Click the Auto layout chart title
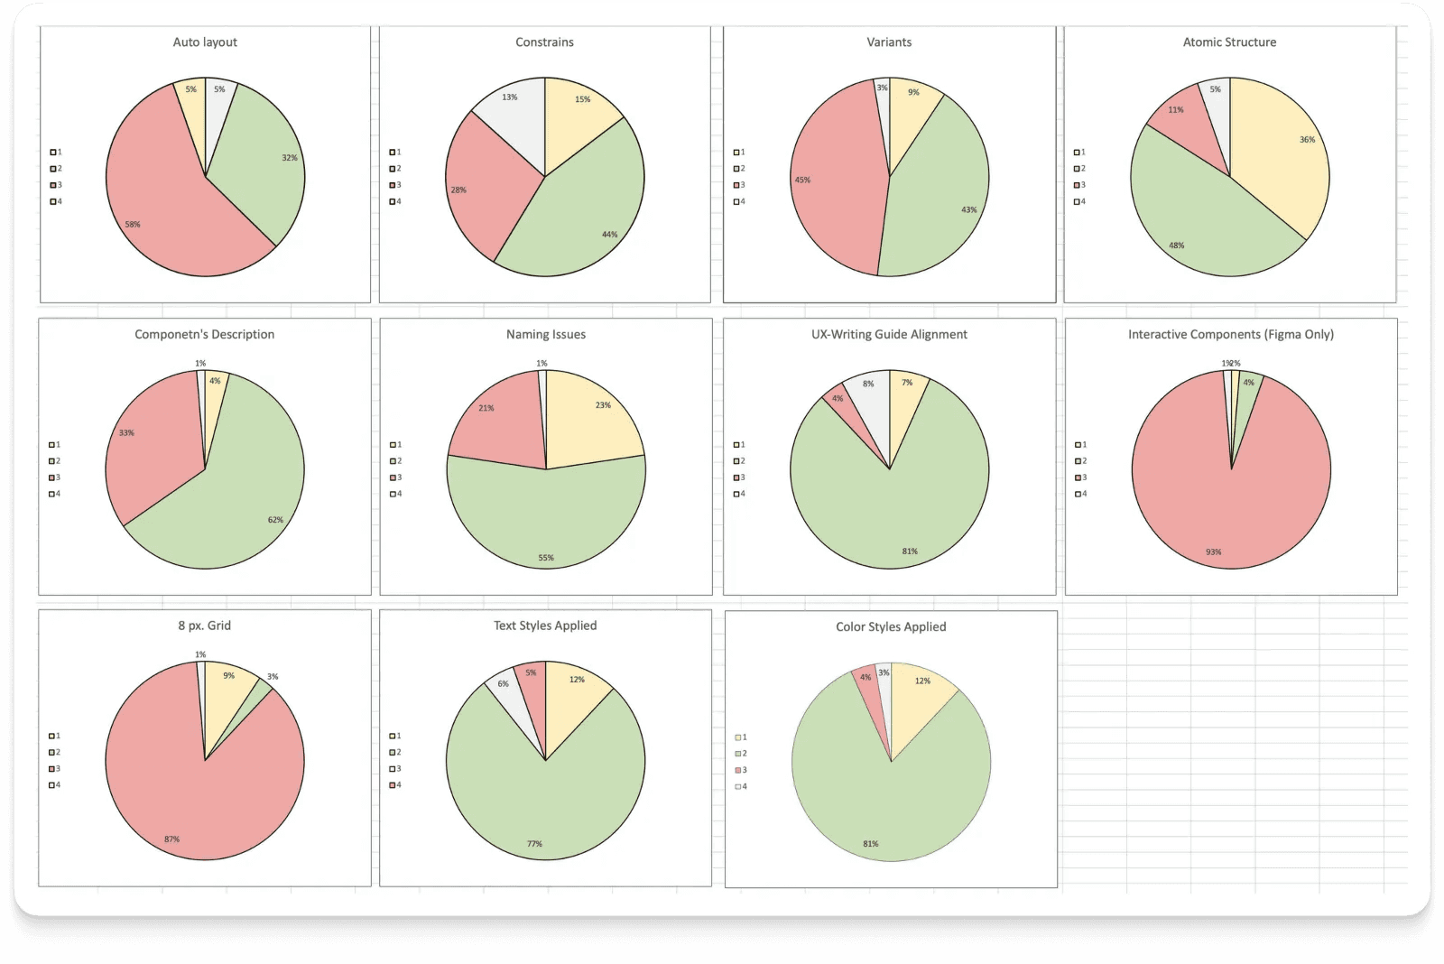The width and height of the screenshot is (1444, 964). click(x=205, y=42)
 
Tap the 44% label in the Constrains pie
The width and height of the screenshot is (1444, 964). click(x=610, y=235)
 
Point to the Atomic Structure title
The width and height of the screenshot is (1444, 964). click(x=1229, y=42)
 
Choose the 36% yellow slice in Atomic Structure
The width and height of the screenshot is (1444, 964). click(x=1282, y=153)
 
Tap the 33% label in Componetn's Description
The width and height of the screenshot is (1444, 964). click(x=126, y=433)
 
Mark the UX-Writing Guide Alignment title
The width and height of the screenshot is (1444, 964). click(x=889, y=335)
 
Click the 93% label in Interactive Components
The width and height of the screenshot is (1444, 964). click(x=1213, y=552)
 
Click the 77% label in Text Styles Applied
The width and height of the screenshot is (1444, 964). click(x=534, y=844)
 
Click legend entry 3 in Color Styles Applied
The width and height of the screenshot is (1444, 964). click(x=741, y=770)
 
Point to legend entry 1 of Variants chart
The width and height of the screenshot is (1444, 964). click(x=739, y=153)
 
